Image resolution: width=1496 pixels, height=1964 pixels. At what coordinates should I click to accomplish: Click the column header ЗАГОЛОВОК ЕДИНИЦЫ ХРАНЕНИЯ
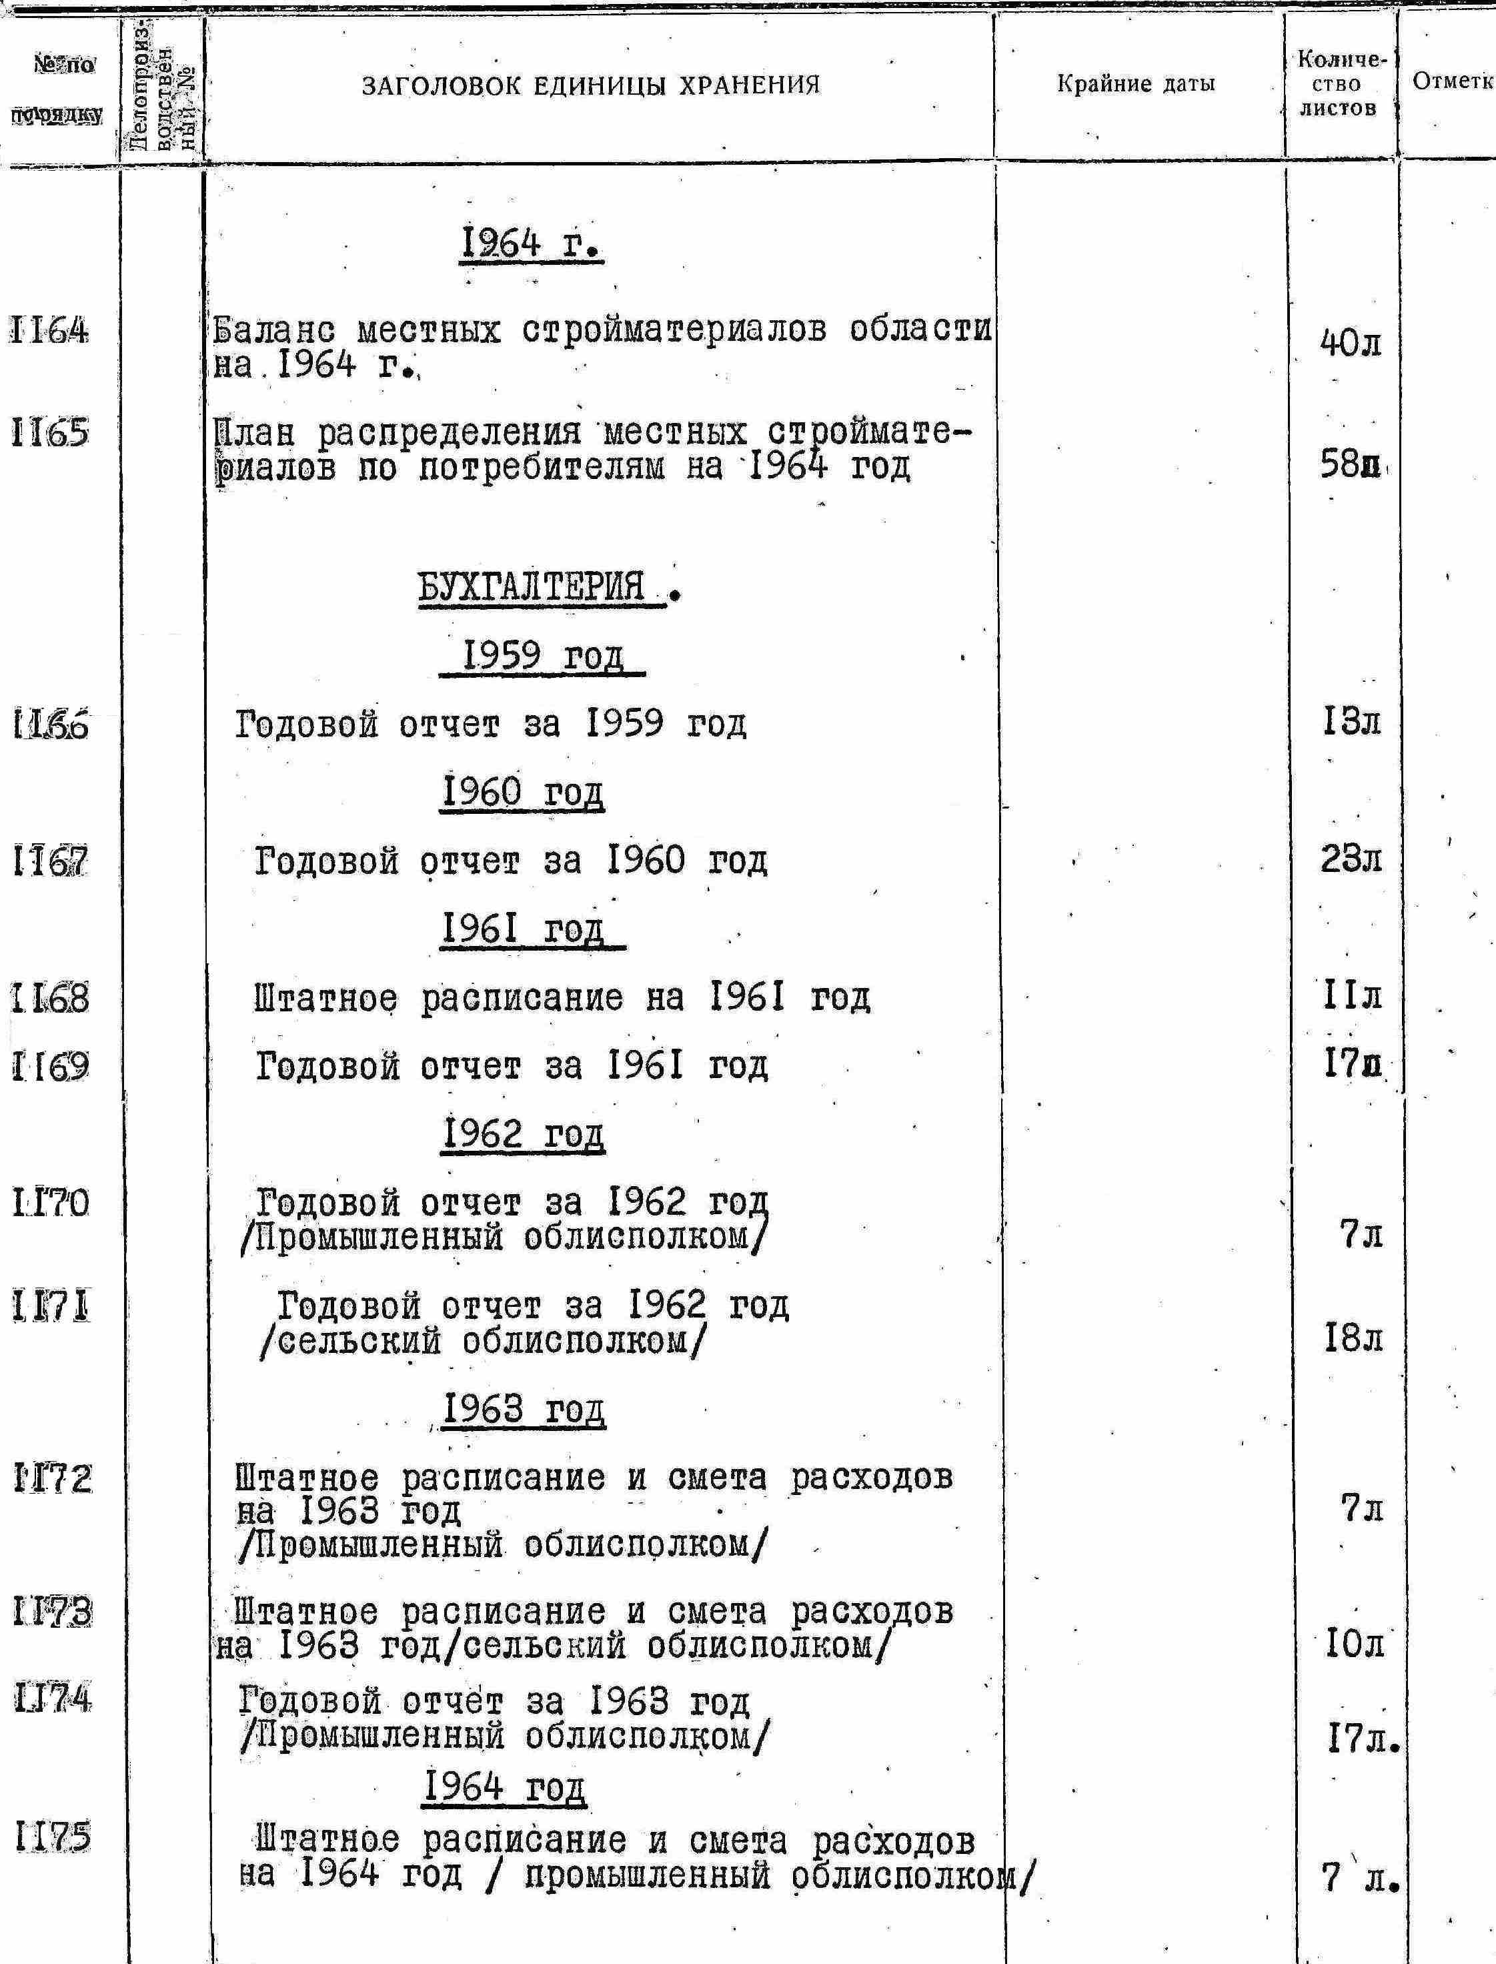[x=590, y=85]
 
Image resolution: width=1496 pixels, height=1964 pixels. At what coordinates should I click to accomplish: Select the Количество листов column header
[x=1339, y=85]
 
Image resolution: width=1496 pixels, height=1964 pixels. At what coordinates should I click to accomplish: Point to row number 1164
[x=51, y=332]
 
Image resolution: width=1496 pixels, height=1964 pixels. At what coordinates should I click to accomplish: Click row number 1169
[x=51, y=1065]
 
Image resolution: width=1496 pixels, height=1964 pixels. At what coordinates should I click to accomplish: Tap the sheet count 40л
[x=1350, y=344]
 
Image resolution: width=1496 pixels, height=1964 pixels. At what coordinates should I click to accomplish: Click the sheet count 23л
[x=1351, y=859]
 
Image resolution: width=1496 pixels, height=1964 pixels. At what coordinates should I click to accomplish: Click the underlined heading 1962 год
[x=524, y=1134]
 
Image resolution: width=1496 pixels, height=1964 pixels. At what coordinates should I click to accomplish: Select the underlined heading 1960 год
[x=524, y=791]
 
